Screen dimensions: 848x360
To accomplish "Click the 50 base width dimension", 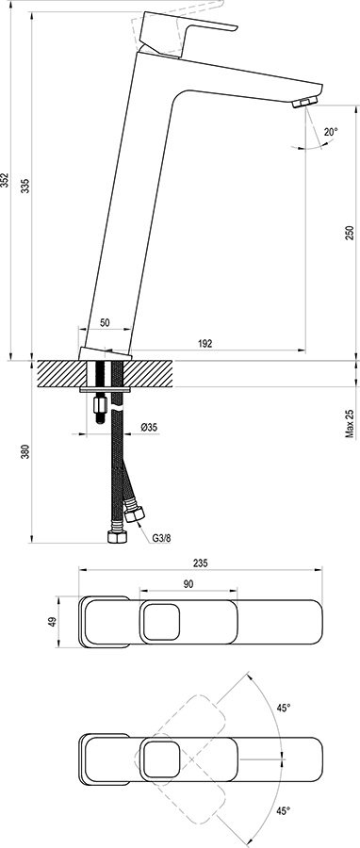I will point(105,322).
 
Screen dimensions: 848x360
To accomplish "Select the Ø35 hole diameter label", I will point(148,428).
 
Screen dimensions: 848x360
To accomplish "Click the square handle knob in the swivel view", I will point(162,759).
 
